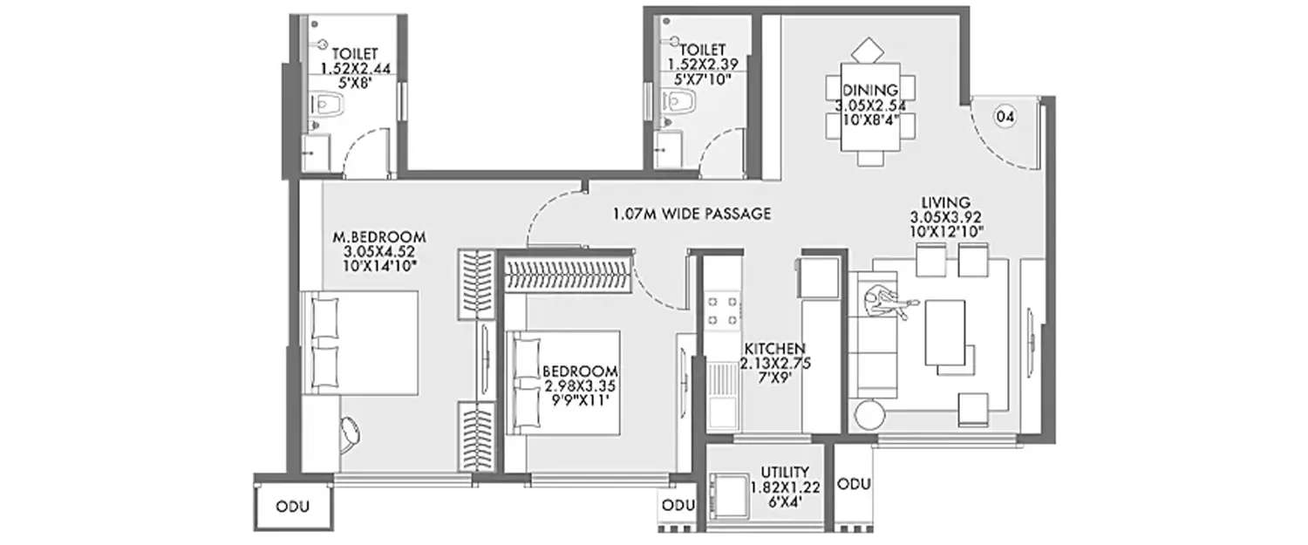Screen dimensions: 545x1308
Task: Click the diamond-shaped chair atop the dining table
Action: point(867,50)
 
